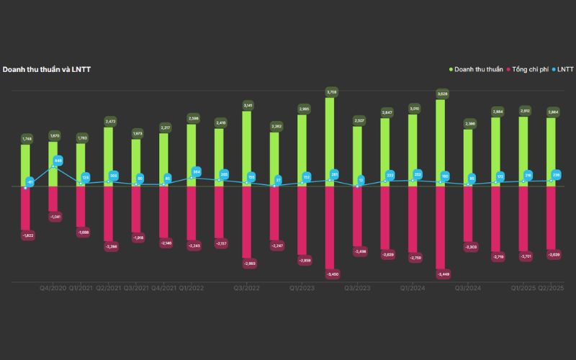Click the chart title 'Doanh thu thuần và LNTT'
(47, 69)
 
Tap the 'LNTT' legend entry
(564, 69)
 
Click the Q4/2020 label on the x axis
(53, 288)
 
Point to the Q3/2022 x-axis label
(247, 288)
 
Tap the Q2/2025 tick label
(552, 288)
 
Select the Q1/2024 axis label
(414, 288)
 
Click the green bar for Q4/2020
(53, 163)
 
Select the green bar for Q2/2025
(552, 151)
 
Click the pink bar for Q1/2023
(302, 220)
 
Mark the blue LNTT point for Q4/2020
(53, 167)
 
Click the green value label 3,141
(248, 105)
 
